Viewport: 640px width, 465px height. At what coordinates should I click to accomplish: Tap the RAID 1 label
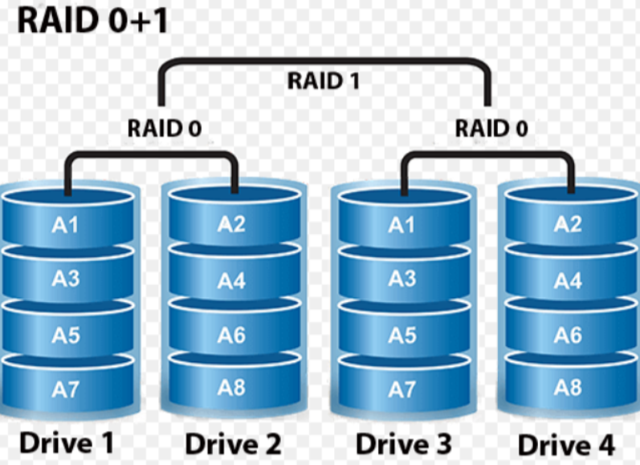pos(324,80)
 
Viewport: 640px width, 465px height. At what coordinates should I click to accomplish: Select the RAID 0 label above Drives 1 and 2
pos(164,128)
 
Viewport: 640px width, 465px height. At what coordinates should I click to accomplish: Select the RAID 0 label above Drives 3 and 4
pos(491,128)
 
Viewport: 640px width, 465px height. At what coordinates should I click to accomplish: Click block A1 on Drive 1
pos(66,225)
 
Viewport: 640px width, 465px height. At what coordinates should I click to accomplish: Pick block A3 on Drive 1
pos(66,279)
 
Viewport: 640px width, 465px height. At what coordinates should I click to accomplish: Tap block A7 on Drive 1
pos(66,390)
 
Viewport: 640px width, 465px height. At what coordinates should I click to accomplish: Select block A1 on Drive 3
pos(402,225)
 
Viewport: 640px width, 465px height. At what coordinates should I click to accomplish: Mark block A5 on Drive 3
pos(402,334)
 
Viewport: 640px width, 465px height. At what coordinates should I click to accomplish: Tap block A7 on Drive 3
pos(402,390)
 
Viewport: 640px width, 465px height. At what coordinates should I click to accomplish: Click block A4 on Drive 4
pos(568,281)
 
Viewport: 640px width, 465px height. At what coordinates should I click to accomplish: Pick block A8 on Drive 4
pos(568,388)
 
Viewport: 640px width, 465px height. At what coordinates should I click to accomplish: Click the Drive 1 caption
pos(66,442)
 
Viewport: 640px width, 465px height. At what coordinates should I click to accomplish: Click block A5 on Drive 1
pos(66,334)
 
